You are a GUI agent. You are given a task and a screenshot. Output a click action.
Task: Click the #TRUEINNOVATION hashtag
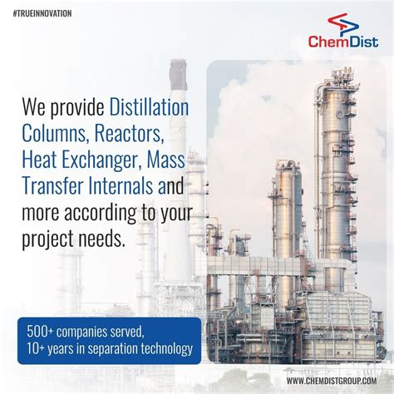42,13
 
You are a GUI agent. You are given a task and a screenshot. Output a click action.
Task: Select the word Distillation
149,107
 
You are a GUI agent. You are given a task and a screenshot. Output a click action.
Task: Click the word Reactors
132,134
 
